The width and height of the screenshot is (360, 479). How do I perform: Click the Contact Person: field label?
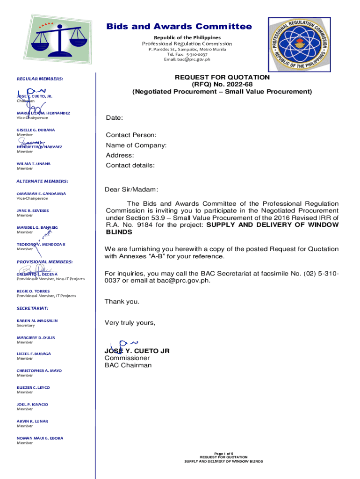131,135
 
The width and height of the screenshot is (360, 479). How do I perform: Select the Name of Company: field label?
136,145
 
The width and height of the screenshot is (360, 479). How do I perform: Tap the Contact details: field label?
130,165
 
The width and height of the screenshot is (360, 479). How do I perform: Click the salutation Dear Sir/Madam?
132,189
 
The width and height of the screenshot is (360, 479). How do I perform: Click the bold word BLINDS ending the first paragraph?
119,232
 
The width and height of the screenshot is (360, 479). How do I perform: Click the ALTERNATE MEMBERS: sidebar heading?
42,181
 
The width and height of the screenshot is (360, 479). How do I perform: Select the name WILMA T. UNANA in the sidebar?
34,164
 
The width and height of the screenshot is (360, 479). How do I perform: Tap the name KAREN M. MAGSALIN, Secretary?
37,320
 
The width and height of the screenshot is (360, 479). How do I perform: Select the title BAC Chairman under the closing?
129,365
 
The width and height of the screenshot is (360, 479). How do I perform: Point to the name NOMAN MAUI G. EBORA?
40,438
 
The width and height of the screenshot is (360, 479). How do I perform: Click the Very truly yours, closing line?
130,323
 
